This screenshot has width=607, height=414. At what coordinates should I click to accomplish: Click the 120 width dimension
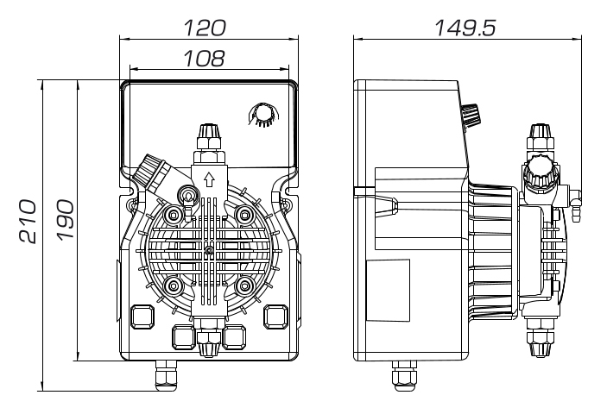[206, 28]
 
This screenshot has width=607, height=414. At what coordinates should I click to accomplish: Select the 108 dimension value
[205, 58]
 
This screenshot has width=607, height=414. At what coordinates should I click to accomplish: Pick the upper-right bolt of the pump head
[244, 213]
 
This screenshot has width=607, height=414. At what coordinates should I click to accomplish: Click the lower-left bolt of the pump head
[173, 284]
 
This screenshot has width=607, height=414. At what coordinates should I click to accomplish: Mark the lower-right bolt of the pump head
[244, 284]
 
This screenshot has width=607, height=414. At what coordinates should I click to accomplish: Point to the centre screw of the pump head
[208, 250]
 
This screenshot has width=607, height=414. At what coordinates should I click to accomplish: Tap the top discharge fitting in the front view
[208, 135]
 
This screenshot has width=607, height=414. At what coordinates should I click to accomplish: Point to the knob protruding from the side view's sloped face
[470, 114]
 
